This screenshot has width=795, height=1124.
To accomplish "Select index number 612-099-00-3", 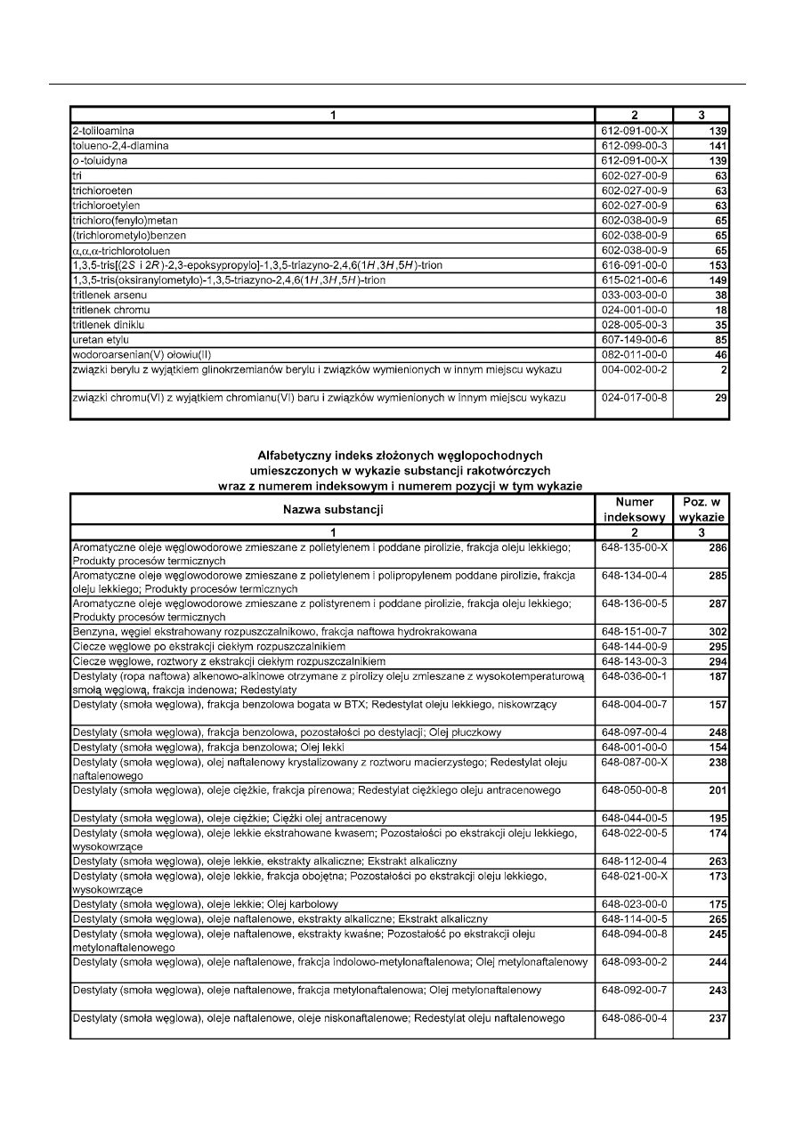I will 634,145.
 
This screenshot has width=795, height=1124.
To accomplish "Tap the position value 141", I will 719,145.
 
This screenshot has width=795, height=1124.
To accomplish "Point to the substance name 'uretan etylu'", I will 101,338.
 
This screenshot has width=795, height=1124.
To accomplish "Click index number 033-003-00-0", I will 634,294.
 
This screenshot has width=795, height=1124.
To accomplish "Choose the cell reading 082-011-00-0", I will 634,353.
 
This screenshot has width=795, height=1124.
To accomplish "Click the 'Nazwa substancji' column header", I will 332,510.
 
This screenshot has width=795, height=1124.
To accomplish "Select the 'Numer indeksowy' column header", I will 634,510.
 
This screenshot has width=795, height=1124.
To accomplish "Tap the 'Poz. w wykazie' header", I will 702,510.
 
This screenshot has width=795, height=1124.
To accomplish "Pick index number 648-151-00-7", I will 634,631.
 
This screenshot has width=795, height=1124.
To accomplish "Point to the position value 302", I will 718,631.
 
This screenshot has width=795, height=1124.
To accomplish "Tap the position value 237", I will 718,1017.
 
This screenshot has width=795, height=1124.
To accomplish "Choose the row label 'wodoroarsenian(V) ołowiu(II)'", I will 142,353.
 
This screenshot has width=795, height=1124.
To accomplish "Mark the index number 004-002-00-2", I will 634,368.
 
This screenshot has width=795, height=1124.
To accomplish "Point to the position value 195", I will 718,818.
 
